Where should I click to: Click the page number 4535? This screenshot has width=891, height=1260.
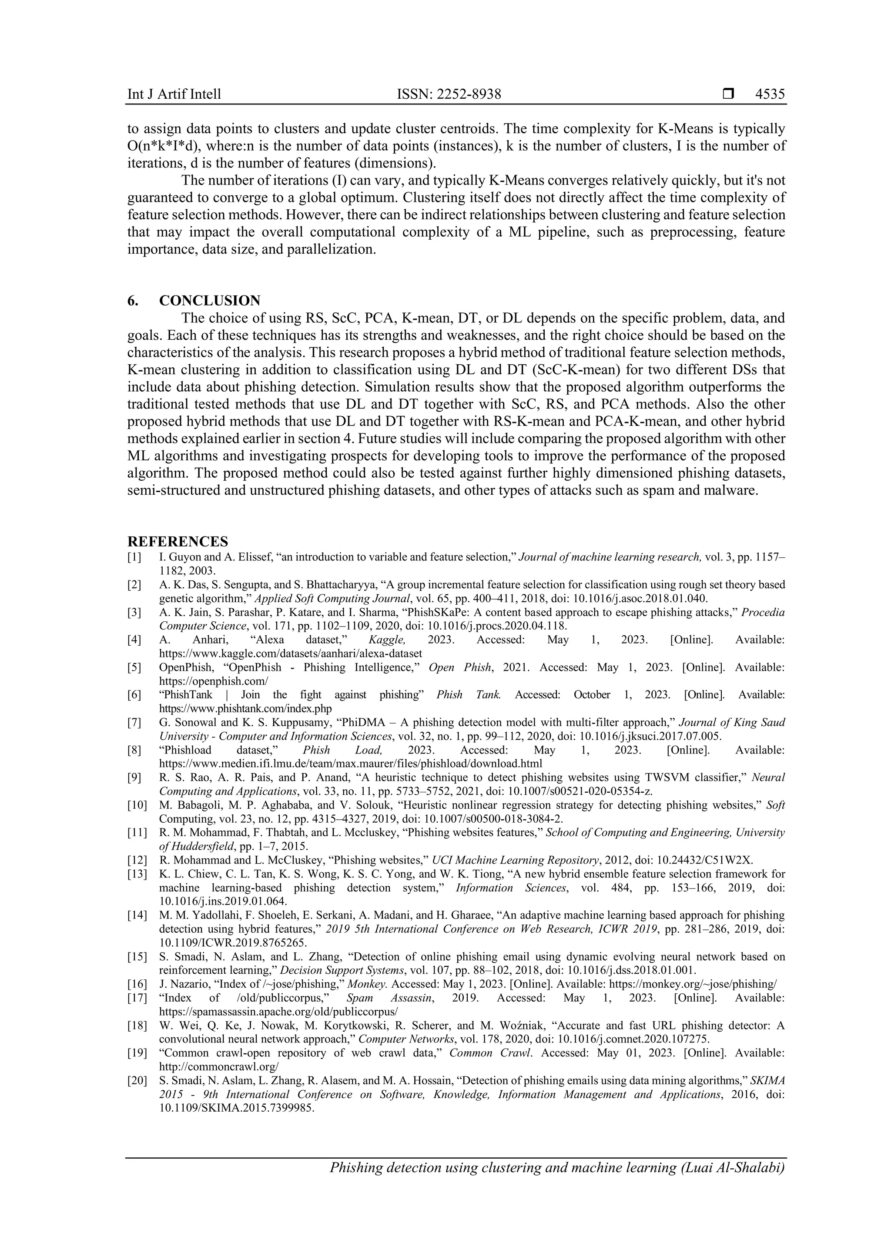click(x=770, y=94)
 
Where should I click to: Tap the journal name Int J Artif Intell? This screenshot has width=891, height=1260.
click(x=174, y=94)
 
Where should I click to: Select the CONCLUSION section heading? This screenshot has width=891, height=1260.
click(x=210, y=301)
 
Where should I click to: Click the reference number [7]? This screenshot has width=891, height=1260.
click(x=134, y=723)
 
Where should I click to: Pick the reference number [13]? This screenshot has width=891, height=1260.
click(x=137, y=874)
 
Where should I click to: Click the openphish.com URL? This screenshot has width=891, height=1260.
click(x=214, y=681)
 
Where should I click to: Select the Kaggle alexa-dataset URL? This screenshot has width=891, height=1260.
click(x=290, y=653)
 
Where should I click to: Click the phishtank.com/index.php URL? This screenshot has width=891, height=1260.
click(x=245, y=708)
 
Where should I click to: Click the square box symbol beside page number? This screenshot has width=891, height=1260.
click(x=728, y=94)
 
